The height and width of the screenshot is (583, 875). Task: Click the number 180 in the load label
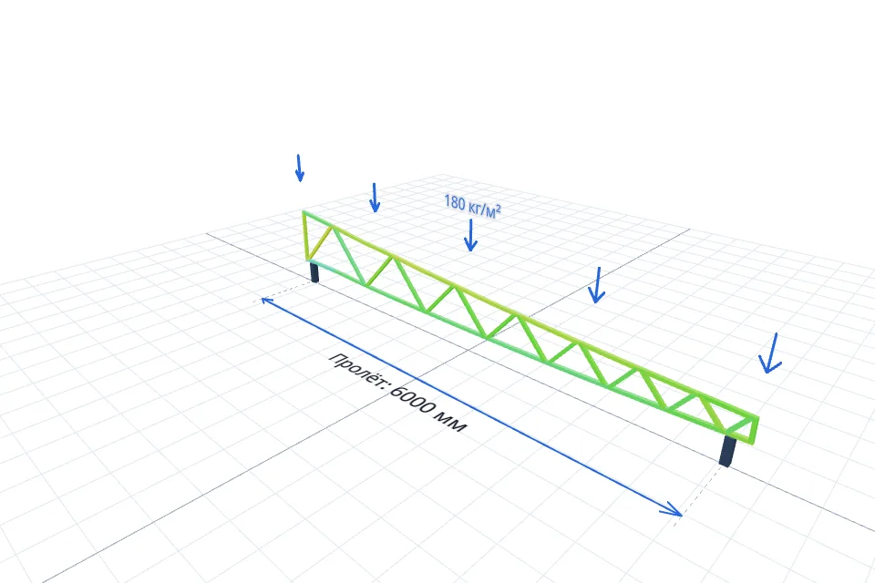coord(454,202)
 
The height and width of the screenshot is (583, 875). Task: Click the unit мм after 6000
coord(451,424)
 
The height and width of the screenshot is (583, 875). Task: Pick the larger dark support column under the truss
coord(727,451)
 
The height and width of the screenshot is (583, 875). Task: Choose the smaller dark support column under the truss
coord(314,271)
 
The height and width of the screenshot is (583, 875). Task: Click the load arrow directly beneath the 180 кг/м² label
coord(470,235)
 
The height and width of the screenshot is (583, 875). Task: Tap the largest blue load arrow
coord(771,353)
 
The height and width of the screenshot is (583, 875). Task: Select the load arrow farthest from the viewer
coord(299,168)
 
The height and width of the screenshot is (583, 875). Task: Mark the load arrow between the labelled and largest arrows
coord(597,285)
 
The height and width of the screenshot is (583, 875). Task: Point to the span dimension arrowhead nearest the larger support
coord(672,509)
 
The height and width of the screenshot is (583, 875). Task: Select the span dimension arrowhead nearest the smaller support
coord(267,302)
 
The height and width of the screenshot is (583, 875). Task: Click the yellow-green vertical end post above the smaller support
coord(305,236)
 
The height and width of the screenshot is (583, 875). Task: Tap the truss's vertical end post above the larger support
coord(755,430)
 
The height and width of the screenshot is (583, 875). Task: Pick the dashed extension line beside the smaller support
coord(284,291)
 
